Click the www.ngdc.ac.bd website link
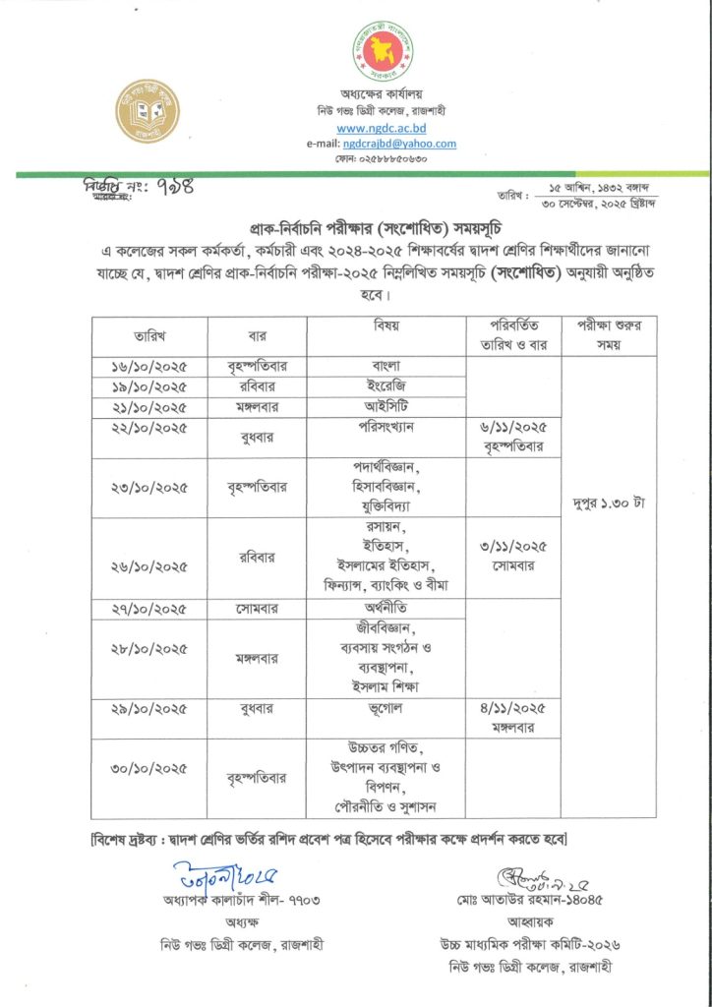click(381, 128)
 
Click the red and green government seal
click(382, 53)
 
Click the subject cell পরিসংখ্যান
click(386, 428)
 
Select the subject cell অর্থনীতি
click(386, 608)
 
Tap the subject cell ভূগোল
click(386, 707)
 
